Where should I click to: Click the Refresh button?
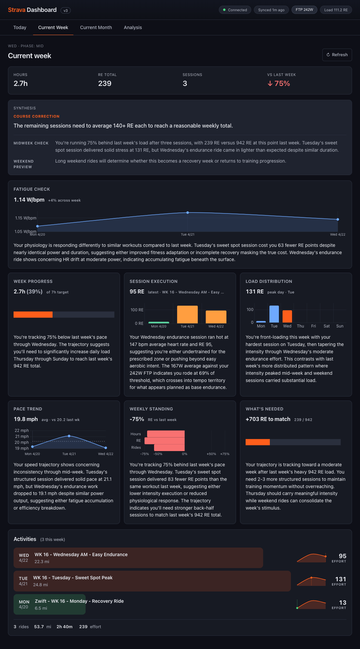coord(337,55)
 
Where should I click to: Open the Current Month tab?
coord(96,27)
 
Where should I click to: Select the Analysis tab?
coord(133,27)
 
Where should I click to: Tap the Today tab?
coord(20,27)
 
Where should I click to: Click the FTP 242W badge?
coord(304,10)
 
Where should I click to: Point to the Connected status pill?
coord(235,10)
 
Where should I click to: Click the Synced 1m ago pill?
coord(271,10)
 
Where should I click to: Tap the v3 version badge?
coord(65,11)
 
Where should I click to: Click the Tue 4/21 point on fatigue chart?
coord(188,212)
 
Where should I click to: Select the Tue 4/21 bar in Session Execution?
coord(187,314)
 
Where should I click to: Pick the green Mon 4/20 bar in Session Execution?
coord(159,322)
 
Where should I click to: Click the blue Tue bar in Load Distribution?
coord(274,314)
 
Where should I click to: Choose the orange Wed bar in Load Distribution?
coord(287,316)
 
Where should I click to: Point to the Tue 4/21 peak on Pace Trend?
coord(69,436)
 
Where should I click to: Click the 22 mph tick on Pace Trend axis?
coord(22,431)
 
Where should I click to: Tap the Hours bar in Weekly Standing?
coord(166,434)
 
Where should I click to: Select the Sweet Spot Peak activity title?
coord(73,578)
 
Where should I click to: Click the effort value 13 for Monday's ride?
coord(342,603)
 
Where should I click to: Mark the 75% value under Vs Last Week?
coord(282,84)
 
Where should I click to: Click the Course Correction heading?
coord(36,116)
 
